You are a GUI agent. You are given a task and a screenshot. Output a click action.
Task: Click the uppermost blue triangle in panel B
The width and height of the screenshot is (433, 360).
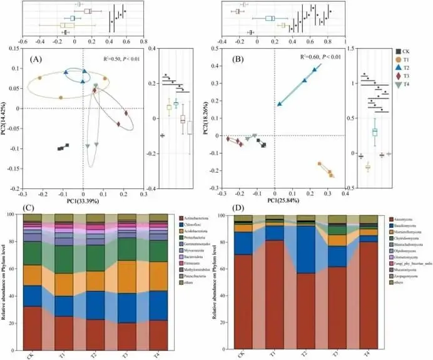(x=315, y=70)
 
